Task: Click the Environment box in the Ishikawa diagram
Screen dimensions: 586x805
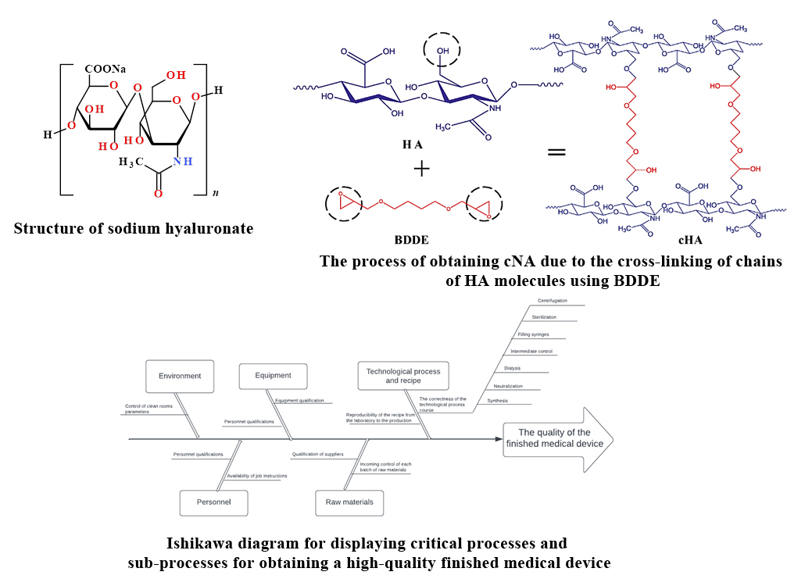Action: (180, 376)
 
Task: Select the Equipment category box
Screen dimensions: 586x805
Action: (273, 376)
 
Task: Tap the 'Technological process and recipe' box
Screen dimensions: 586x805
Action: (402, 376)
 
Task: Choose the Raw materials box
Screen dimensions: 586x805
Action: (349, 502)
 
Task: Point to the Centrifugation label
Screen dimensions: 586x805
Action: (553, 301)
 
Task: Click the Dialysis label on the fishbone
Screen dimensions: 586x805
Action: (512, 368)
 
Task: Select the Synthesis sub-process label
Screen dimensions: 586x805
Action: (497, 401)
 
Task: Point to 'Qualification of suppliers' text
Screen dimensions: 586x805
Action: (317, 454)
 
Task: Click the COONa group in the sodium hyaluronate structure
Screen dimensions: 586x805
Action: (106, 69)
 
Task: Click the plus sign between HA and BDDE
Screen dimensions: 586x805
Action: (420, 166)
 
